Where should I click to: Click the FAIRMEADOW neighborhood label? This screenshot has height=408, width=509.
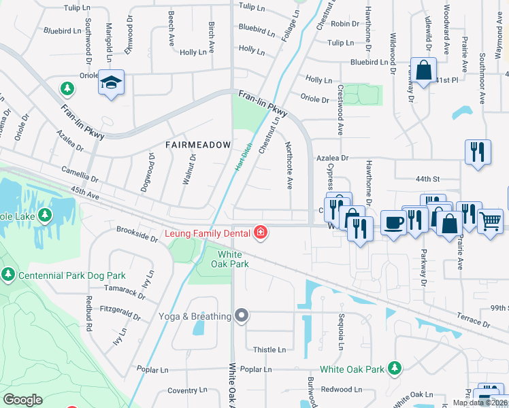[197, 145]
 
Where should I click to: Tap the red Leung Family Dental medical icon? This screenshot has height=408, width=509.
[260, 233]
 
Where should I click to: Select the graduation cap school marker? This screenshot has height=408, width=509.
[111, 83]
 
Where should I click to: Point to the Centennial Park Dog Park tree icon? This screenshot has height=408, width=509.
[7, 275]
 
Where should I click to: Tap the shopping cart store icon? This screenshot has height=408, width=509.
[490, 220]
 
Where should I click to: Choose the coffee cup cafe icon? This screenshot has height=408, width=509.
[393, 222]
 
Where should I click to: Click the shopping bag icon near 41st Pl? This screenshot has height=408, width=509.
[423, 70]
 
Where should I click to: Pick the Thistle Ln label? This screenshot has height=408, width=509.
[269, 350]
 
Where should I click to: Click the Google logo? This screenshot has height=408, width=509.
[22, 399]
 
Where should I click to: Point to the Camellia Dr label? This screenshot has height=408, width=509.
[80, 175]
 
